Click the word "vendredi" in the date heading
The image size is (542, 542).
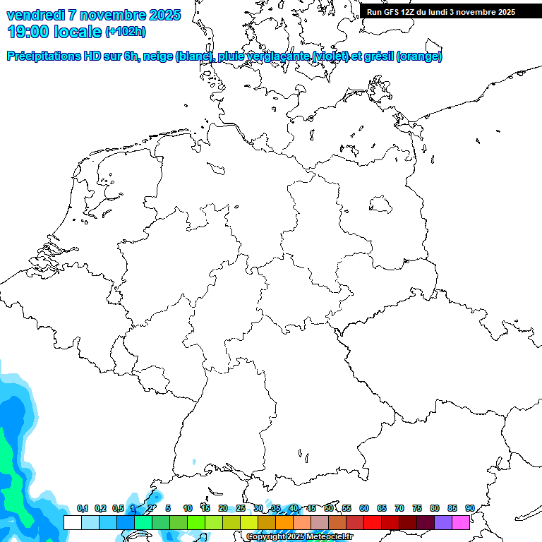point(35,15)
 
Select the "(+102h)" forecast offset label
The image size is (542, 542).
point(126,32)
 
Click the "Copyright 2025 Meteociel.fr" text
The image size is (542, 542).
point(300,537)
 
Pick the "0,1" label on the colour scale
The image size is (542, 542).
point(83,509)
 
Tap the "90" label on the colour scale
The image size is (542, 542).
point(469,509)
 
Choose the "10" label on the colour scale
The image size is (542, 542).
point(188,509)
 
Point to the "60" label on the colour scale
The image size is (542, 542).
point(364,509)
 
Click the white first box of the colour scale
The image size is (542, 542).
point(72,522)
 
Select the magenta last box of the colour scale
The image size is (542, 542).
point(461,522)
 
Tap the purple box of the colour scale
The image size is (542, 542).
point(443,522)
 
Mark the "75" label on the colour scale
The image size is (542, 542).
point(417,509)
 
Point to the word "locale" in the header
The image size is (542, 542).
point(78,32)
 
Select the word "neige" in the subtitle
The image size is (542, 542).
point(161,56)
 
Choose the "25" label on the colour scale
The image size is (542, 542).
point(241,509)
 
